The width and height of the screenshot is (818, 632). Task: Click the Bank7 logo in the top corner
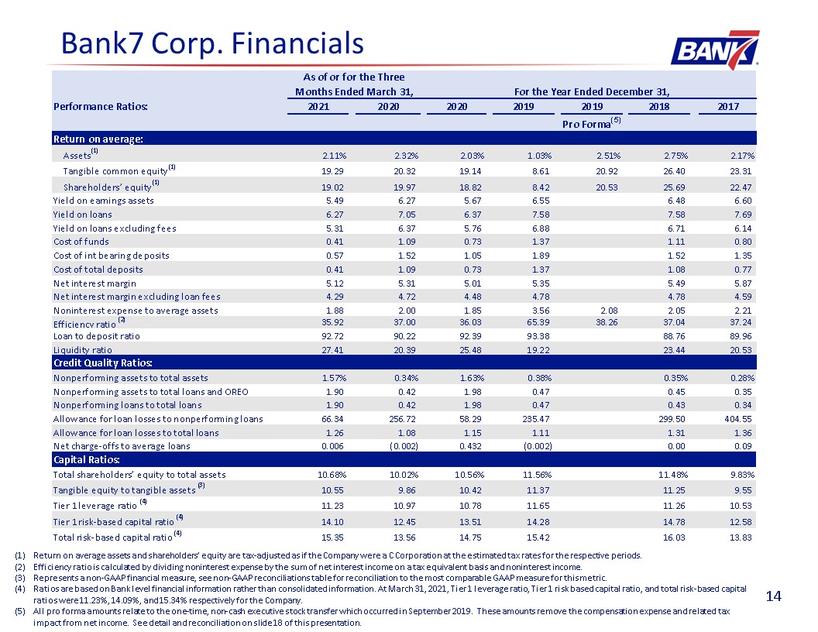pos(715,50)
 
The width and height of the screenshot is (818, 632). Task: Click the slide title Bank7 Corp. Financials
pos(212,43)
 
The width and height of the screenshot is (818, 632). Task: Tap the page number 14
pos(773,596)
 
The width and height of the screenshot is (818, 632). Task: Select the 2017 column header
pos(727,106)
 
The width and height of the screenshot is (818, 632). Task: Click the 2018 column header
pos(659,106)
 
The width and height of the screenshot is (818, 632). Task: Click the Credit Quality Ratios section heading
pos(103,362)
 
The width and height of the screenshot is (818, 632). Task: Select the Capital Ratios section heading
pos(87,459)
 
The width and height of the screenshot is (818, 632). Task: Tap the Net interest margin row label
pos(95,283)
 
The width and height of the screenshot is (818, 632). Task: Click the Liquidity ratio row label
pos(82,350)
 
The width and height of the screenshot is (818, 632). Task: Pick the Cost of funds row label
pos(81,242)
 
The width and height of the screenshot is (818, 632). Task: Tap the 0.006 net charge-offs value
pos(332,446)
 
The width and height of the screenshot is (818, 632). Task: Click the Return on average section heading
pos(98,139)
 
